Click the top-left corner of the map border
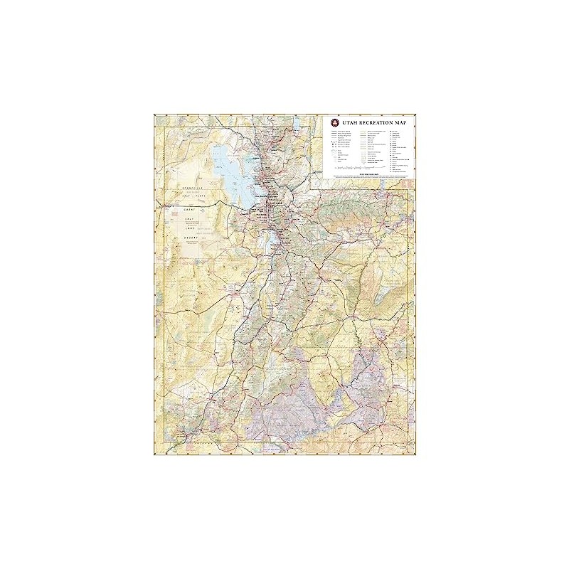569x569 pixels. [x=154, y=114]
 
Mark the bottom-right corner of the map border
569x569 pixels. [x=415, y=455]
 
